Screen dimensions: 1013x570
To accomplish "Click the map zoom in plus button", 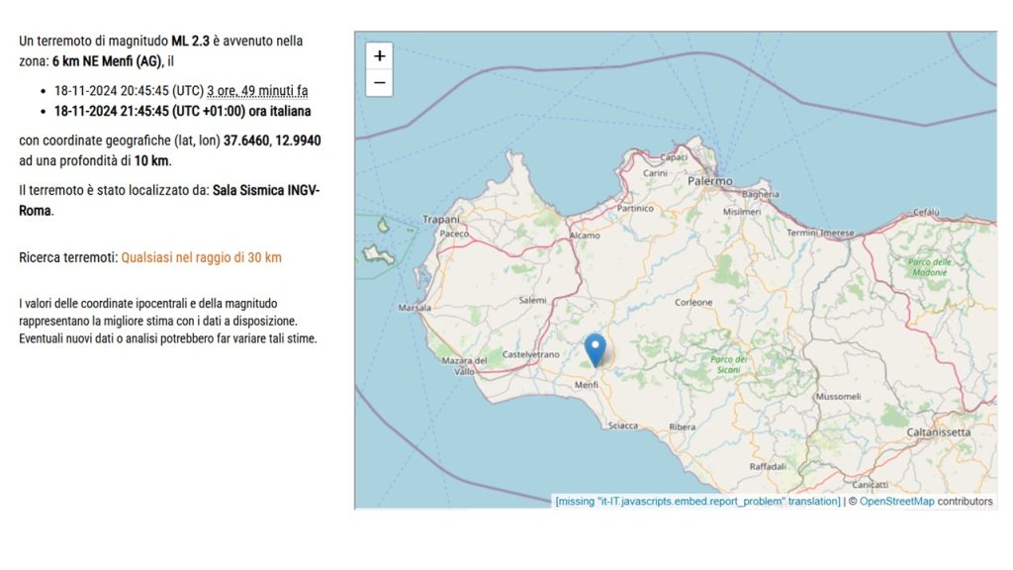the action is coord(379,56).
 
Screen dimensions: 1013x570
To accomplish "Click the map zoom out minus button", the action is coord(379,82).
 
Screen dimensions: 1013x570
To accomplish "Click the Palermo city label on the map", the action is coord(709,182).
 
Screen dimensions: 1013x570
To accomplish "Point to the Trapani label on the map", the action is coord(441,219).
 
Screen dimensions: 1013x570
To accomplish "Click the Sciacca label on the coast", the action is coord(623,426).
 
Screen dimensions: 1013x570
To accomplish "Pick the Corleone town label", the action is coord(693,302).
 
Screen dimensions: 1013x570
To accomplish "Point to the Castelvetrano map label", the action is coord(531,354).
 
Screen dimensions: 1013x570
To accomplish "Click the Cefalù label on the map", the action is coord(926,212).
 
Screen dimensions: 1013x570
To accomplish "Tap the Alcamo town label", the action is coord(585,237).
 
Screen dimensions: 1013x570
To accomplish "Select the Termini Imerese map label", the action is coord(820,233).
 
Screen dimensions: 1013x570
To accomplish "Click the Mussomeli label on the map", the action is coord(838,396).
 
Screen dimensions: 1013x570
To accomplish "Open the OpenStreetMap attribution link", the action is coord(896,502).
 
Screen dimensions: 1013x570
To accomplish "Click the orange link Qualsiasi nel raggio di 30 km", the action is coord(201,257).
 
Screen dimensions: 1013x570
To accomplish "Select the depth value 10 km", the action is coord(152,160).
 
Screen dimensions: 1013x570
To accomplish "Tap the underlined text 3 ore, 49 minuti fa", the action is coord(257,91).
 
